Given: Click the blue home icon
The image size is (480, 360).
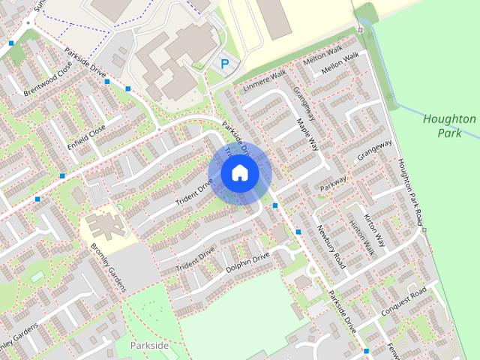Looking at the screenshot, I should tap(240, 172).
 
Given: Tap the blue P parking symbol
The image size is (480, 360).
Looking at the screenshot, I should tap(224, 65).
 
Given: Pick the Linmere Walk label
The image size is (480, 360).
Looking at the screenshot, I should tap(264, 80).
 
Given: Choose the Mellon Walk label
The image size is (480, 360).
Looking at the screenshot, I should tap(340, 67).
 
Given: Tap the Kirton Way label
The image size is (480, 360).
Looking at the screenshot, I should tap(373, 229).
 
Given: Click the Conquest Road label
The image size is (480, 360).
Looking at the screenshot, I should tap(403, 298).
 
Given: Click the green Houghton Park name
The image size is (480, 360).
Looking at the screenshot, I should tap(449, 126).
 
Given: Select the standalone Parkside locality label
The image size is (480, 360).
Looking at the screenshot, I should tap(149, 345).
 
